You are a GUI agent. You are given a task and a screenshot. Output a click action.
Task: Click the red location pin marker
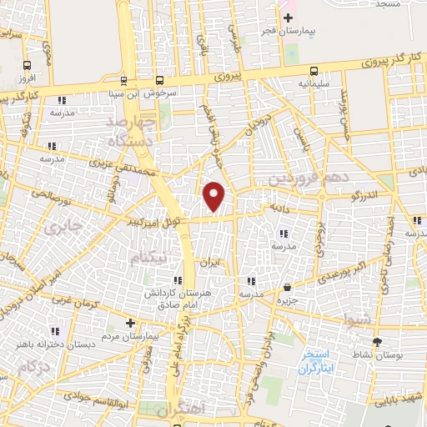pyautogui.click(x=214, y=197)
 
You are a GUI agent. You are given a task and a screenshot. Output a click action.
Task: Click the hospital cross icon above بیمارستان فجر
pyautogui.click(x=288, y=17)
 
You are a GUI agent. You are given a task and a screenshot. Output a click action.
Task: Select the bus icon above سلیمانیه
pyautogui.click(x=314, y=72)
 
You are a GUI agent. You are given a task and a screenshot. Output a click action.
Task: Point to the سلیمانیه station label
pyautogui.click(x=314, y=84)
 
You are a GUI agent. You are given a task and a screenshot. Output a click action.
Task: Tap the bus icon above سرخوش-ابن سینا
pyautogui.click(x=124, y=81)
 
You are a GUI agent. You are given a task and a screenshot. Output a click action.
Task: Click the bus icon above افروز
pyautogui.click(x=27, y=65)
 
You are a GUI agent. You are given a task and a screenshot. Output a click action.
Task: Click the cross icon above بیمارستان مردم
pyautogui.click(x=129, y=322)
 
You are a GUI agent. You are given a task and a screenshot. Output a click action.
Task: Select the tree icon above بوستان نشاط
pyautogui.click(x=377, y=342)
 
